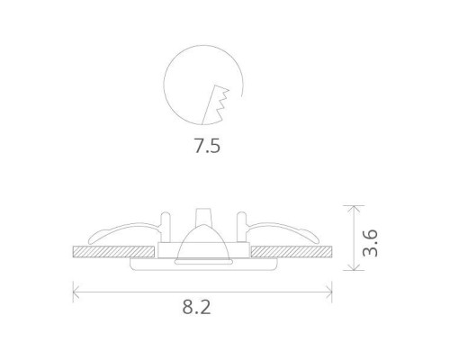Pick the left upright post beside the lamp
tap(166, 225)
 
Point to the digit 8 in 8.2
tap(189, 308)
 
